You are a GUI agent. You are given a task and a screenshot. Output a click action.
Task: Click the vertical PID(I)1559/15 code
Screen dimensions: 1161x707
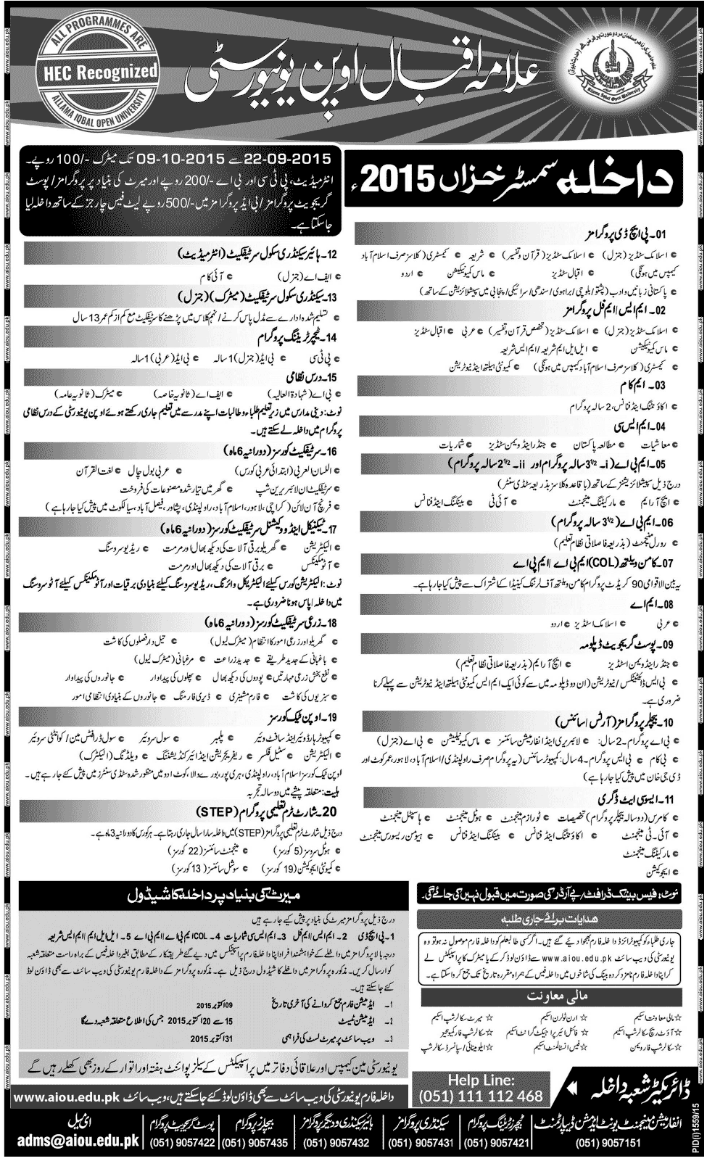pos(698,1120)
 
